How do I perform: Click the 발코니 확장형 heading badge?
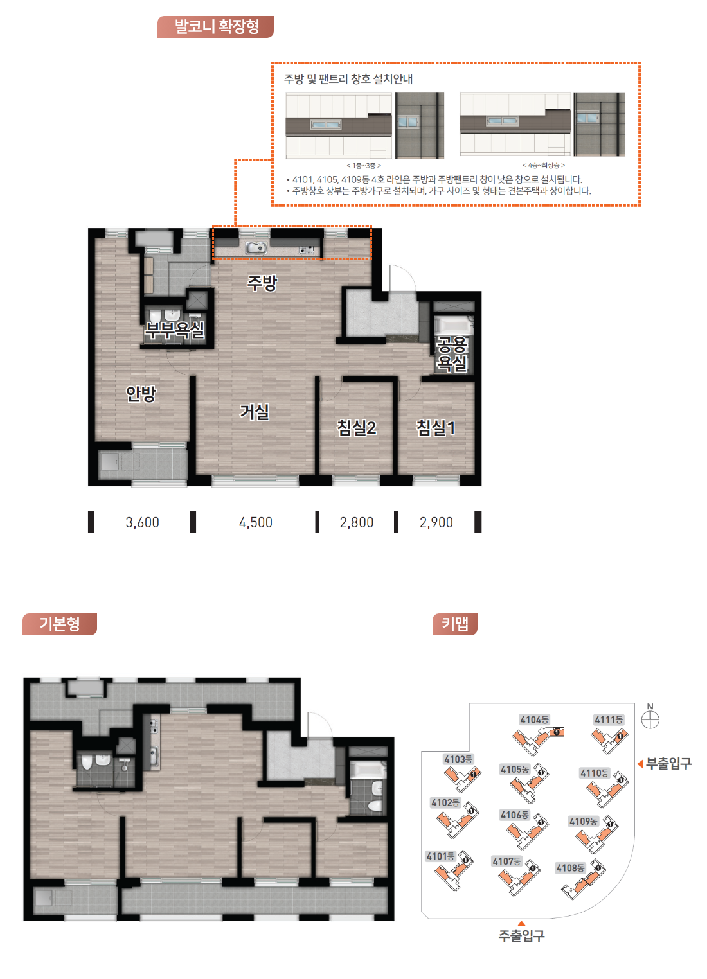point(215,27)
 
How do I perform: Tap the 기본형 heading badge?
point(60,624)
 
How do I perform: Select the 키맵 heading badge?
point(454,624)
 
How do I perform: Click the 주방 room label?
point(262,283)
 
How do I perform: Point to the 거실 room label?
point(255,412)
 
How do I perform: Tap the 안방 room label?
point(141,394)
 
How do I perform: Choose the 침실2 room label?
point(356,427)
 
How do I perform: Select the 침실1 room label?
point(436,427)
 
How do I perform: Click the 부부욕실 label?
point(175,330)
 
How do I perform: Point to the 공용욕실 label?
point(452,354)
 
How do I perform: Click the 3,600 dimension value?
point(142,522)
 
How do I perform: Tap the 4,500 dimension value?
point(255,522)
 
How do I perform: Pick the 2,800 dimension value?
point(356,522)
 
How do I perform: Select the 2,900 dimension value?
point(436,522)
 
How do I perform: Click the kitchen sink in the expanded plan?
point(256,248)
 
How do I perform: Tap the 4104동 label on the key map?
point(534,720)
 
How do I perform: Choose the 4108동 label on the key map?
point(570,868)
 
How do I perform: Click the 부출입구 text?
point(668,764)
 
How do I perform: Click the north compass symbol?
point(650,720)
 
